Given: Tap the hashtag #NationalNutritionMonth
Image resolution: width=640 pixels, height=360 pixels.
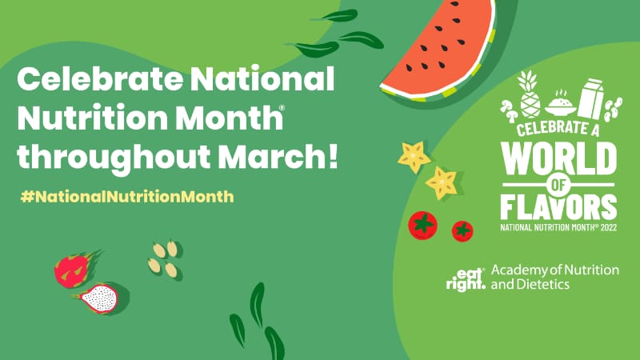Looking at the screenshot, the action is tap(127, 197).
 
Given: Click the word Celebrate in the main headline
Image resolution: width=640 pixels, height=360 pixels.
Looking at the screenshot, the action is tap(100, 78).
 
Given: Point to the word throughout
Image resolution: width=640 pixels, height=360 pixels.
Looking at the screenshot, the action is tap(114, 158).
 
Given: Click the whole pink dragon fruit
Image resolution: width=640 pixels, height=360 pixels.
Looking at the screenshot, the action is tap(74, 269).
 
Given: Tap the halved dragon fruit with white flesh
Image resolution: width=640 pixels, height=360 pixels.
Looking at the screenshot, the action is tap(97, 298).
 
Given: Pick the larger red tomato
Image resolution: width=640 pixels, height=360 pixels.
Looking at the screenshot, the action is tap(423, 226).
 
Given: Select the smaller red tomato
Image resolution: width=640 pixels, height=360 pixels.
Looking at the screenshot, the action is tap(462, 231).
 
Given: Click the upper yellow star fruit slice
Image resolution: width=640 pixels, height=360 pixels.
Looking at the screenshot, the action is tap(414, 156).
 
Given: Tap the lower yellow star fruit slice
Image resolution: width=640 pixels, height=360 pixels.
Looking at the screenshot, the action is tap(442, 183).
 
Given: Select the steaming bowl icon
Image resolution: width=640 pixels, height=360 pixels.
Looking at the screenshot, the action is tap(560, 103).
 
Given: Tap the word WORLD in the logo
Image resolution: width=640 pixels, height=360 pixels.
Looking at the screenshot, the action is tap(558, 158).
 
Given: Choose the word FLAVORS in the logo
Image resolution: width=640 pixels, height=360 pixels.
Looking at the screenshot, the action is tap(558, 207).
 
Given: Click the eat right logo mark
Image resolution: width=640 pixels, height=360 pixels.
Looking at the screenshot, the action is tap(466, 279).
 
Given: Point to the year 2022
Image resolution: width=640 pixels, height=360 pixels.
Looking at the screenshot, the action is tap(609, 227).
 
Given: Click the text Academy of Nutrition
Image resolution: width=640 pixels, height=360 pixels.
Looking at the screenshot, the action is tap(555, 270).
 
